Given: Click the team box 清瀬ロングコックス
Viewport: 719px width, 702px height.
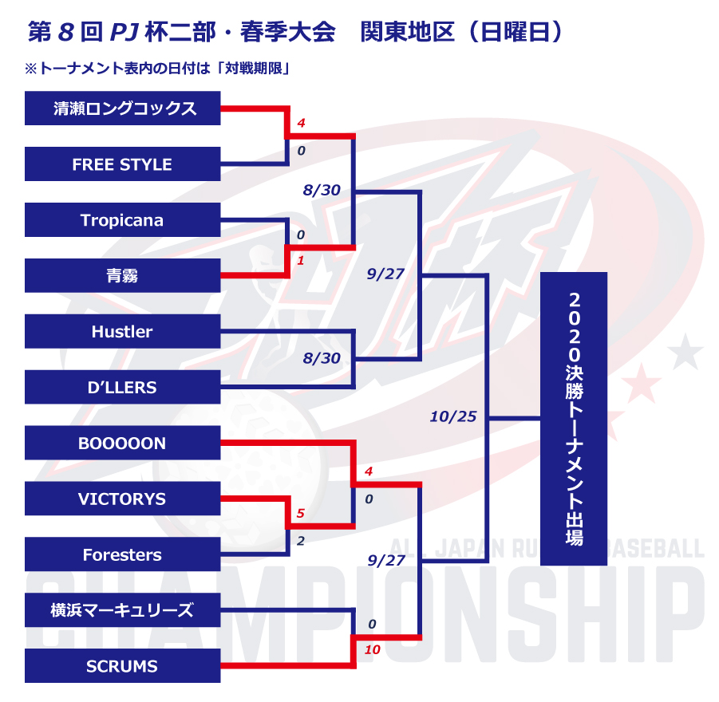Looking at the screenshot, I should pos(122,108).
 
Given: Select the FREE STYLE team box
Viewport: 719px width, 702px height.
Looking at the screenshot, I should pos(122,164).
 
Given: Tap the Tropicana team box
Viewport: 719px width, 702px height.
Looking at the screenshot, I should pos(122,220).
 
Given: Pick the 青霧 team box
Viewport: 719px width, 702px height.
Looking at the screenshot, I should pos(122,276).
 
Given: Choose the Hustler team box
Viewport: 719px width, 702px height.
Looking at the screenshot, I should pos(122,332).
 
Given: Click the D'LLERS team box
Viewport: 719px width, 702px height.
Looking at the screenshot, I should pos(122,388).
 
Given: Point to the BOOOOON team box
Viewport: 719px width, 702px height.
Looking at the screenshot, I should pos(122,444).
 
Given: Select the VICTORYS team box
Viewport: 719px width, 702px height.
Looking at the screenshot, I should pos(122,499).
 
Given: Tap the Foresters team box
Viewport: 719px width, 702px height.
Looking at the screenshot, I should pos(122,555).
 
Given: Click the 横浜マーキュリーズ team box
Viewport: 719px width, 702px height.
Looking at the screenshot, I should pos(122,611).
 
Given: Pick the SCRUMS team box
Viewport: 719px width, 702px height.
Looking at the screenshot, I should pos(122,666).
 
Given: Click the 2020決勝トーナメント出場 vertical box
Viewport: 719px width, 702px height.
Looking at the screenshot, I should pos(574,419).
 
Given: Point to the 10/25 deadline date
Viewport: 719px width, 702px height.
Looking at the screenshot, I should pos(452,416).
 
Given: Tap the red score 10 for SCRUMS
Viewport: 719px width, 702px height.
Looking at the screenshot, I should pos(372,650).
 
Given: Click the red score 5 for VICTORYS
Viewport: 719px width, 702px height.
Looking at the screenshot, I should pos(300,514).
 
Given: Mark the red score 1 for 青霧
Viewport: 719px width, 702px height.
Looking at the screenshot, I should pos(300,261).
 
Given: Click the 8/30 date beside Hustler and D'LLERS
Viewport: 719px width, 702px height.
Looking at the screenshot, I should pos(322,359).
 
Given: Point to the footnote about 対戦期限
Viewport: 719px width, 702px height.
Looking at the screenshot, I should pos(156,69).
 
